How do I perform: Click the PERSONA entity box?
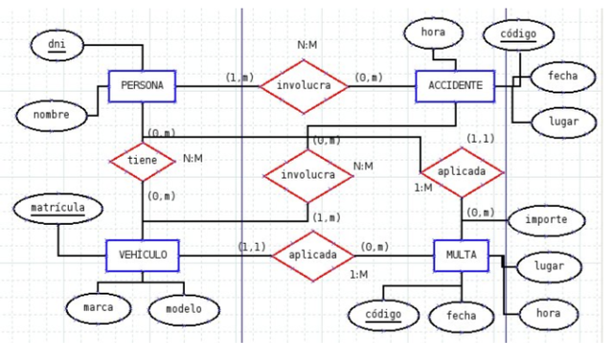click(142, 87)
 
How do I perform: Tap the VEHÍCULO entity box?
click(142, 255)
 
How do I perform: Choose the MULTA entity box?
click(462, 255)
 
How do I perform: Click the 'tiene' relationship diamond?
click(142, 161)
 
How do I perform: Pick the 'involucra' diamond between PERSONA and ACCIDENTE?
click(305, 86)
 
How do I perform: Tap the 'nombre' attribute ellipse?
click(51, 115)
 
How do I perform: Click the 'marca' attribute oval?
click(99, 308)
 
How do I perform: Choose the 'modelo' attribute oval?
click(183, 308)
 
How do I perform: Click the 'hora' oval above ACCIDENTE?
click(433, 33)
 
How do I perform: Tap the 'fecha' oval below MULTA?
click(461, 315)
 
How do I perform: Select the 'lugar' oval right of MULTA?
click(549, 267)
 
